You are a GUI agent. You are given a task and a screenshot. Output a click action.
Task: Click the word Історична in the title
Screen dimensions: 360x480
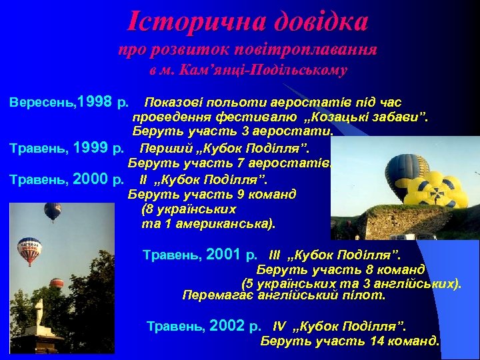186,21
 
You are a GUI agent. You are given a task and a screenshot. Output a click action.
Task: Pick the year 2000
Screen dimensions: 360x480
90,179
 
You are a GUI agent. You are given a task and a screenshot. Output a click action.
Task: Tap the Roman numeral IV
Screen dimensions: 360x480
279,327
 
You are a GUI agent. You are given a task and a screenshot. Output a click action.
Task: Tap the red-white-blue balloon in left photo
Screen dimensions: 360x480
29,249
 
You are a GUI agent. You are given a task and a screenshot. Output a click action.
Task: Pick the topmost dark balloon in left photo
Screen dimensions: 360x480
53,211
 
